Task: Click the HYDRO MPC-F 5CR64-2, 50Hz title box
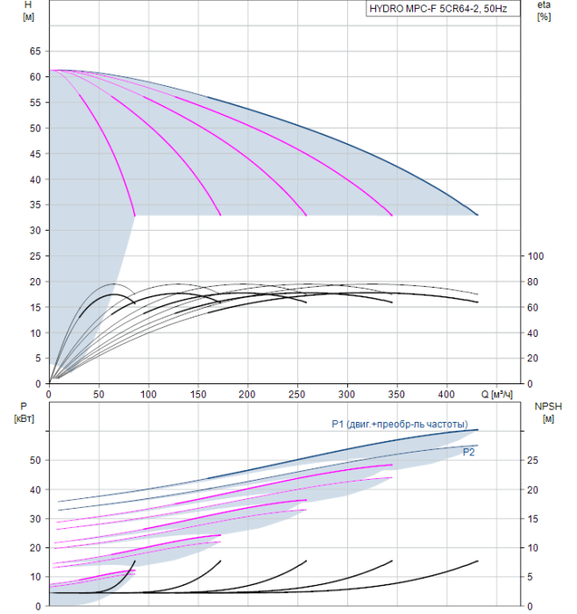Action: coord(443,9)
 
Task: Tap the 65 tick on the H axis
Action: coord(35,51)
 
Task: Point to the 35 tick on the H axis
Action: coord(35,204)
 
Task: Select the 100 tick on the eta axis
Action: coord(536,256)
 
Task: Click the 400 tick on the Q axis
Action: coord(446,395)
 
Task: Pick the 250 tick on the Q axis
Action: coord(297,395)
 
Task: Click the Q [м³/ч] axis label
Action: coord(496,395)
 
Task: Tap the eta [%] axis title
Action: coord(545,11)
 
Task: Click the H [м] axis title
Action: coord(28,11)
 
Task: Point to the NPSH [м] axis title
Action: coord(548,413)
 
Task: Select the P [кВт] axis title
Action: coord(24,413)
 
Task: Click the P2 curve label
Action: coord(468,453)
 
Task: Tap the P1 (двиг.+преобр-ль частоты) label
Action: coord(400,424)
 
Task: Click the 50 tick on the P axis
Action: coord(35,460)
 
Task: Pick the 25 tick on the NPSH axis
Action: coord(532,460)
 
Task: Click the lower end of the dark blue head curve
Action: coord(478,215)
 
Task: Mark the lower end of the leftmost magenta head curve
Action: coord(135,216)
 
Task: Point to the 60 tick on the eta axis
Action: coord(532,308)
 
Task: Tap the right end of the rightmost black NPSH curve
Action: coord(478,561)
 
